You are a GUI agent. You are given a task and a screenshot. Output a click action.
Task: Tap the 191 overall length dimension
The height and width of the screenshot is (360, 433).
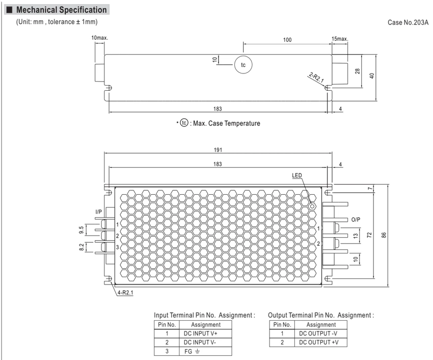[218, 150]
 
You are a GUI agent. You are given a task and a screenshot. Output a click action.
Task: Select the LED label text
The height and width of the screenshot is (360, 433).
[297, 175]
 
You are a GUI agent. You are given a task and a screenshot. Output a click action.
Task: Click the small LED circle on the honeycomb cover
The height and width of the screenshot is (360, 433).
[313, 207]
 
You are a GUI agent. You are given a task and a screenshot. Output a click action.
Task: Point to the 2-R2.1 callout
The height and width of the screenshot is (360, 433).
[316, 78]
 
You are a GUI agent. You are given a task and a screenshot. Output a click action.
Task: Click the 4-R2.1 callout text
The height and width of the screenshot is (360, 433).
[125, 293]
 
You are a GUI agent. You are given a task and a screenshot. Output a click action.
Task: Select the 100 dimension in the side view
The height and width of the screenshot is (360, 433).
[287, 40]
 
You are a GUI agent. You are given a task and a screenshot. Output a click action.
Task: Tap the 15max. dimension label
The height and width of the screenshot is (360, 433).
[340, 39]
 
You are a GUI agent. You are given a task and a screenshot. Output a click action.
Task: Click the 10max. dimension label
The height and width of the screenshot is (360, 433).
[100, 38]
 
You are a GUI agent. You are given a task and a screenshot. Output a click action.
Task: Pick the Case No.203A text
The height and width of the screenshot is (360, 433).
[408, 22]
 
